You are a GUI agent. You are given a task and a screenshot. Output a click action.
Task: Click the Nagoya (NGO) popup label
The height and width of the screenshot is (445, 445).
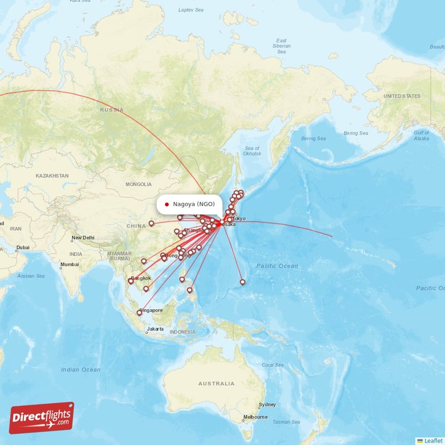pyautogui.click(x=193, y=204)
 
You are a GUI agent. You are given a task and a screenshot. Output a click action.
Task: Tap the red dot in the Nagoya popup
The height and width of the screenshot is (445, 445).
pyautogui.click(x=167, y=204)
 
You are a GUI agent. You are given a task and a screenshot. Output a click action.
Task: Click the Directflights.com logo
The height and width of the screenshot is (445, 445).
pyautogui.click(x=42, y=418)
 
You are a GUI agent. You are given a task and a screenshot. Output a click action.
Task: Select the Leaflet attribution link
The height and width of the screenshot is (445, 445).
pyautogui.click(x=433, y=441)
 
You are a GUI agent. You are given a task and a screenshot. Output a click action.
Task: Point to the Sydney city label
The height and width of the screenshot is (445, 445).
pyautogui.click(x=267, y=404)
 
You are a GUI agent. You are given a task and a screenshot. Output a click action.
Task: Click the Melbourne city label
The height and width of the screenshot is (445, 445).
pyautogui.click(x=255, y=417)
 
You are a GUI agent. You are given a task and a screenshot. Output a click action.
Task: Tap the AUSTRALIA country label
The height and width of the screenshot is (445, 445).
pyautogui.click(x=216, y=384)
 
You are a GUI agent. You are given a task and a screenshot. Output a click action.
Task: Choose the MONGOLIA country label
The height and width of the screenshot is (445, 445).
pyautogui.click(x=139, y=184)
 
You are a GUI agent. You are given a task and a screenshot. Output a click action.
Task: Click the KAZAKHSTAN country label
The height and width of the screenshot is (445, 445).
pyautogui.click(x=52, y=176)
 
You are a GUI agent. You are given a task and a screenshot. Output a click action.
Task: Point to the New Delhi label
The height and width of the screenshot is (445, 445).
pyautogui.click(x=83, y=238)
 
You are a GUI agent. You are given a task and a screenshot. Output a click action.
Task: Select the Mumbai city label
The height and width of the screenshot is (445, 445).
pyautogui.click(x=70, y=264)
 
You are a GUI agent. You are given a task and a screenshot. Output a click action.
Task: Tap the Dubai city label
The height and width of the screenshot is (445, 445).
pyautogui.click(x=23, y=248)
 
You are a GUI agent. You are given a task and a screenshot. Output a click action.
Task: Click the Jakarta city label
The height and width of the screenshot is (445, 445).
pyautogui.click(x=155, y=329)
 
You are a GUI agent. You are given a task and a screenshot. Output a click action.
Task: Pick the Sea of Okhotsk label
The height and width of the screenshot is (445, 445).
pyautogui.click(x=252, y=151)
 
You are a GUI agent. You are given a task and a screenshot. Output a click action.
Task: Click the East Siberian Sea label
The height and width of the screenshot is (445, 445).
pyautogui.click(x=281, y=46)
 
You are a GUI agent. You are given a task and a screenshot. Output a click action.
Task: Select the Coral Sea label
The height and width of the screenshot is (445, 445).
pyautogui.click(x=272, y=365)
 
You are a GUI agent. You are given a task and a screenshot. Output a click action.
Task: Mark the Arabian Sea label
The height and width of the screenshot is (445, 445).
pyautogui.click(x=31, y=275)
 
